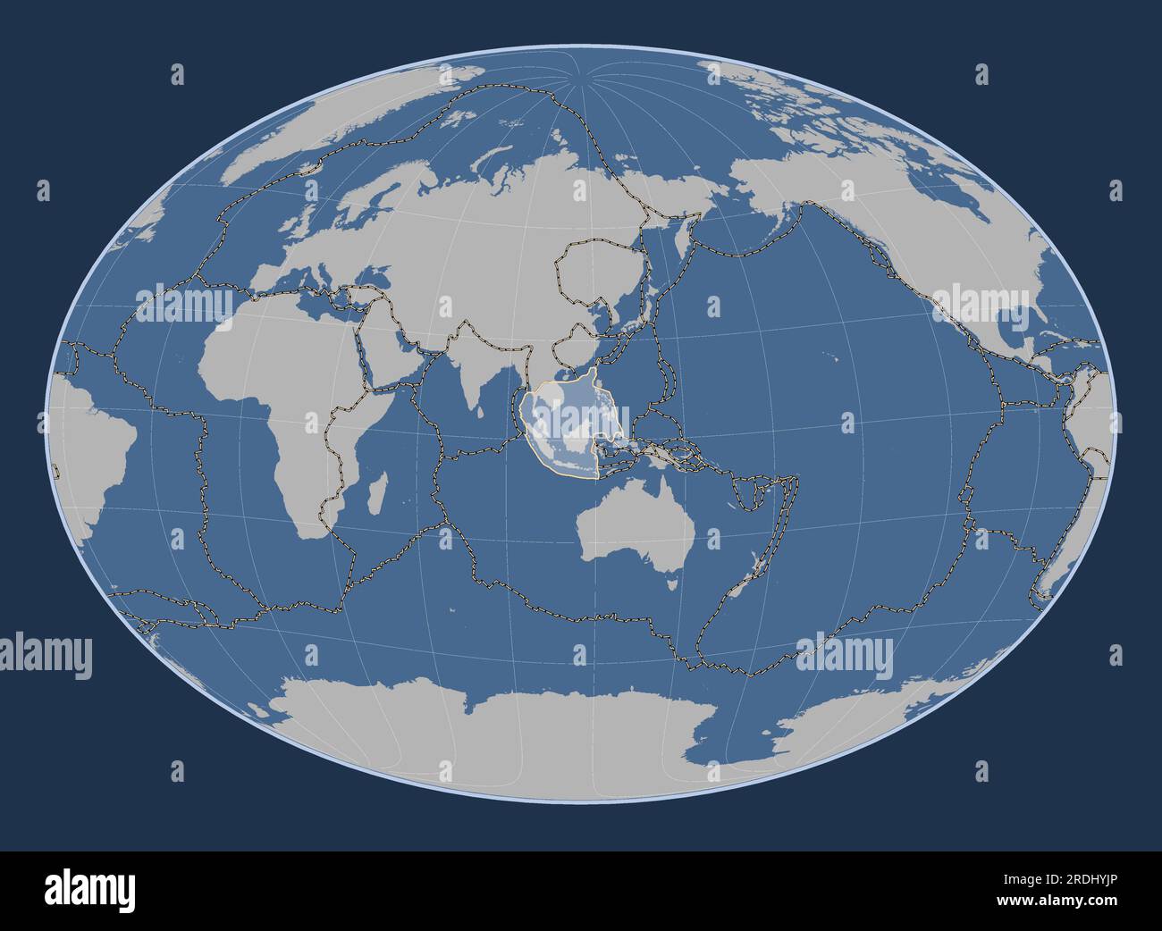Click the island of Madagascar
tap(379, 493)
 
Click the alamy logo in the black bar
tap(89, 890)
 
